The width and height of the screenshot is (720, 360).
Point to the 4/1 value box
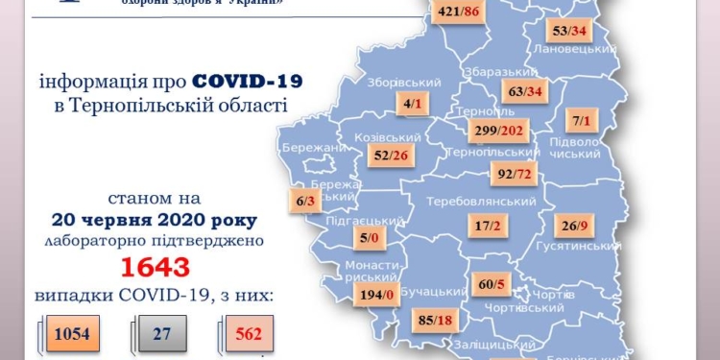click(x=415, y=103)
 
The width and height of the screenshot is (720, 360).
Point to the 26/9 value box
click(x=580, y=228)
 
